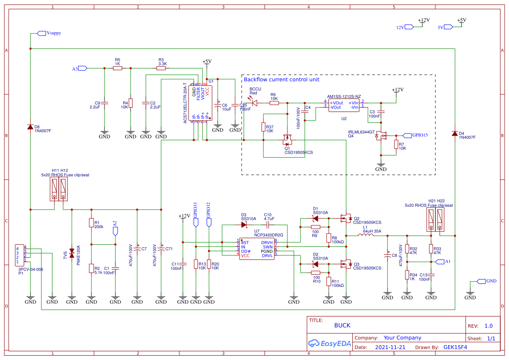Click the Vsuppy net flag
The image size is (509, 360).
pos(42,33)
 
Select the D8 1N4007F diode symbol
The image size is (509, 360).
pos(30,127)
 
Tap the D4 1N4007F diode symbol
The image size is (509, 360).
pos(455,134)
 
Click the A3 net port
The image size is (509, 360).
pos(82,68)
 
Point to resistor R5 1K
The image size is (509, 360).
pos(118,68)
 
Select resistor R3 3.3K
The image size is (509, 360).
pos(162,68)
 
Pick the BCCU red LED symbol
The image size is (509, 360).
pos(255,103)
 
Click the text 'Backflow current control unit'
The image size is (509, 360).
pos(281,80)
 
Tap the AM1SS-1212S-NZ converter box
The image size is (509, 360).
pos(344,105)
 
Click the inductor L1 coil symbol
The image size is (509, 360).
pos(366,236)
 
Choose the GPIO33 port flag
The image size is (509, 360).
pos(196,222)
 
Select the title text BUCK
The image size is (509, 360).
pos(342,325)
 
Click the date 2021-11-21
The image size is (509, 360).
pos(390,347)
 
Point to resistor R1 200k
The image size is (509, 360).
pos(91,223)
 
